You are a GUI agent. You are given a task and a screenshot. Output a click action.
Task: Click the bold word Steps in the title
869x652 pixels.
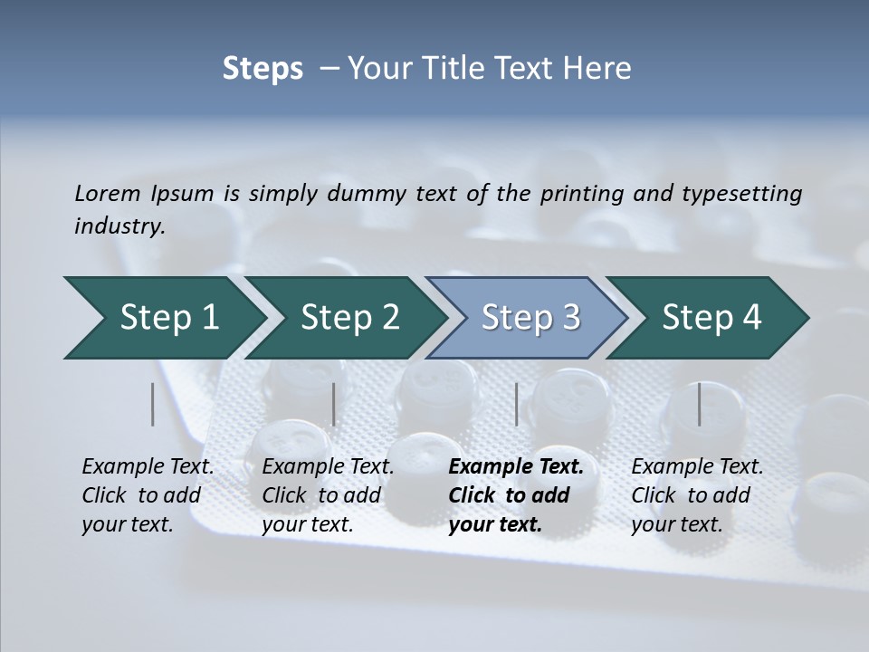tap(263, 69)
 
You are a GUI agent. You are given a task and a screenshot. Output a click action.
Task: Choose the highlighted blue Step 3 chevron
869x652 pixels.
tap(530, 318)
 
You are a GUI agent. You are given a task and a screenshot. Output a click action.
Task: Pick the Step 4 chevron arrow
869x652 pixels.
tap(711, 318)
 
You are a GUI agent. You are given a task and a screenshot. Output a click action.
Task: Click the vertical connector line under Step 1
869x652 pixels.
tap(153, 404)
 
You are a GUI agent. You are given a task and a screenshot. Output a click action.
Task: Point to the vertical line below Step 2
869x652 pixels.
tap(334, 404)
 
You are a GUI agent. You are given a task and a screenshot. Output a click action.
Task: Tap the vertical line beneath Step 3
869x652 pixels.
tap(517, 404)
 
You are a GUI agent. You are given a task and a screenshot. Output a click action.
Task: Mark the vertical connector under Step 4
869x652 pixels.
tap(699, 404)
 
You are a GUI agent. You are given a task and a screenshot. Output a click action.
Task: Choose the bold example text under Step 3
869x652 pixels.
tap(515, 495)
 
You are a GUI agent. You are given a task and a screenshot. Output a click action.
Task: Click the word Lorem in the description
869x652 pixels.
tap(108, 193)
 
